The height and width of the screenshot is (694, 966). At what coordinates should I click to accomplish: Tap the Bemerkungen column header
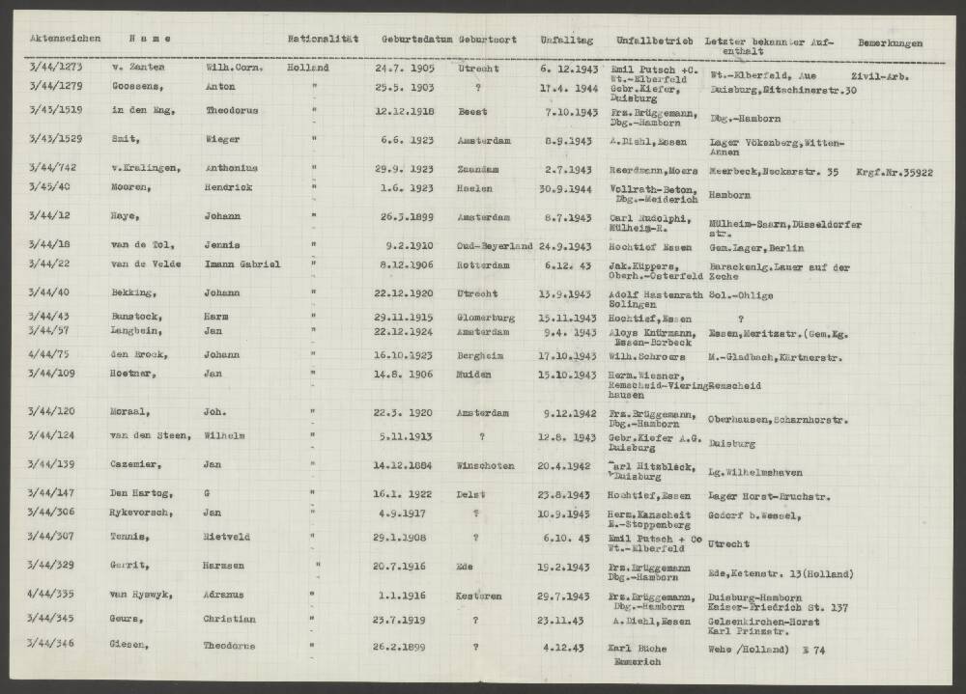[889, 43]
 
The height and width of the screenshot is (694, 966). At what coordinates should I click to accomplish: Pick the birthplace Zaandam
[479, 168]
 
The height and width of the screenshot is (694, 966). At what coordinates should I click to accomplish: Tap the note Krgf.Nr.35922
[891, 174]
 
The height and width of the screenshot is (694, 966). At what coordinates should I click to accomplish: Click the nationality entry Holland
[308, 69]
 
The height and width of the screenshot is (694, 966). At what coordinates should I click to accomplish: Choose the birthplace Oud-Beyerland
[494, 246]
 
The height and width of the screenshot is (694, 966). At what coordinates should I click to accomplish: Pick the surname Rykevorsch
[145, 513]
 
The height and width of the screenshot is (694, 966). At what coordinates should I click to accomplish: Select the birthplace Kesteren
[479, 596]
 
